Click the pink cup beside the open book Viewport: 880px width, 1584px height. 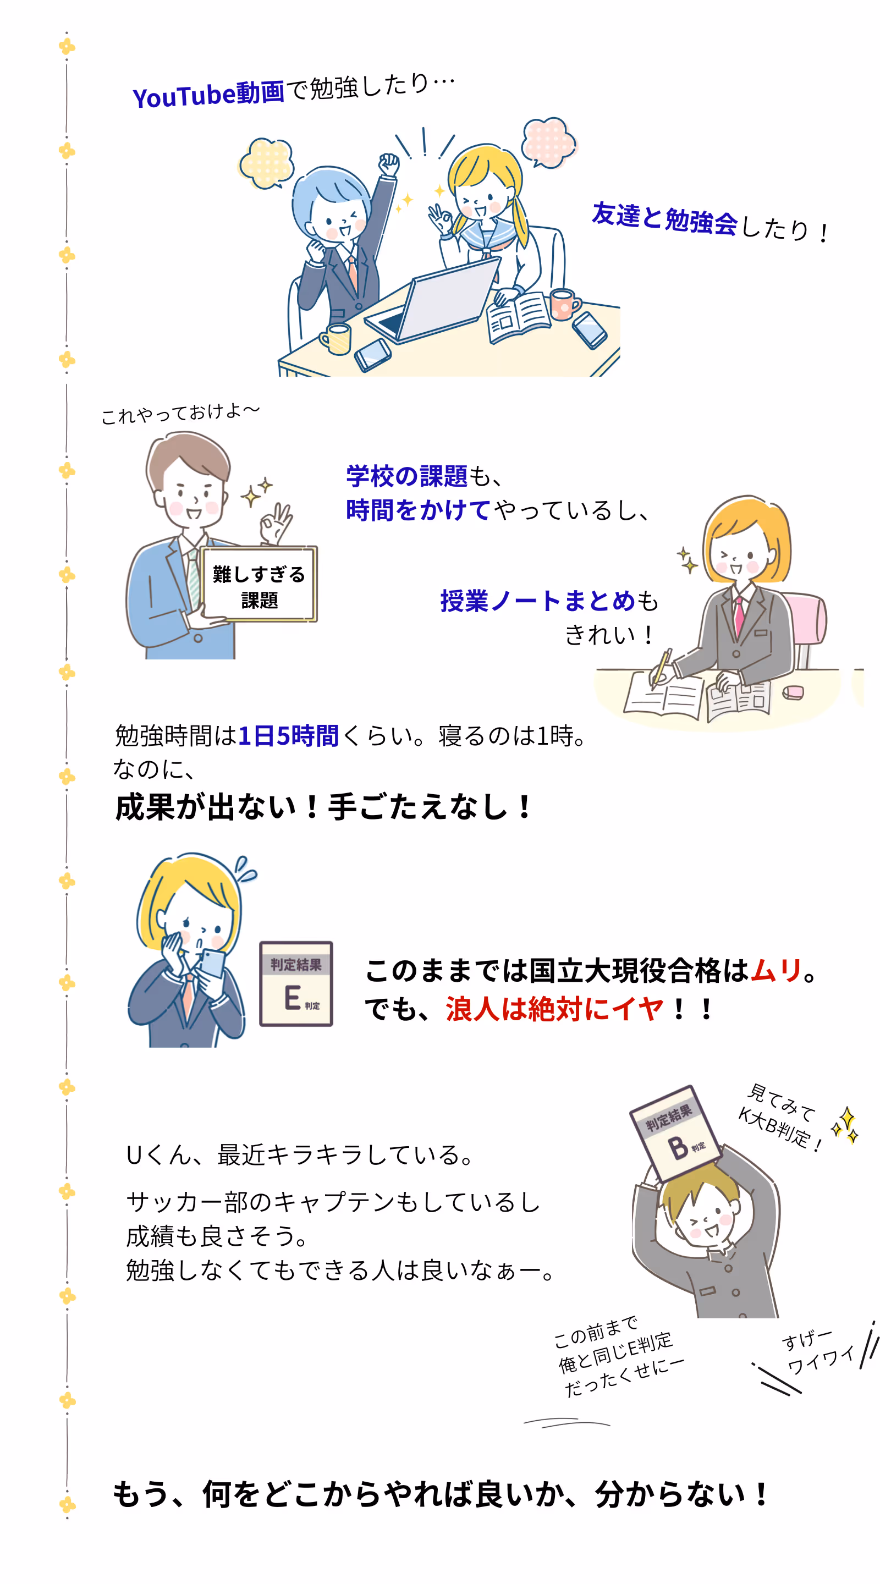point(564,304)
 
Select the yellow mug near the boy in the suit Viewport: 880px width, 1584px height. point(335,339)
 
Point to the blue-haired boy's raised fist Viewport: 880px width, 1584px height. point(389,164)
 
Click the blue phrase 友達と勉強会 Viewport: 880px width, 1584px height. point(665,219)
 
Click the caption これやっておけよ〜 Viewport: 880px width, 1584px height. point(180,413)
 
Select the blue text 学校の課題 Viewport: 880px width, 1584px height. point(406,476)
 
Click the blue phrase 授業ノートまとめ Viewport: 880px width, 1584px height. point(537,601)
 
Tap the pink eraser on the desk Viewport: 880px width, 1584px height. point(793,693)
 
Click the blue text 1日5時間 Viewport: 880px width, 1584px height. point(288,735)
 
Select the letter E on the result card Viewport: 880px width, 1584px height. point(293,997)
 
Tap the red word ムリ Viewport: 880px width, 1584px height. point(776,971)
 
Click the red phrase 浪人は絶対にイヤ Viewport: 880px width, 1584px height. point(555,1009)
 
